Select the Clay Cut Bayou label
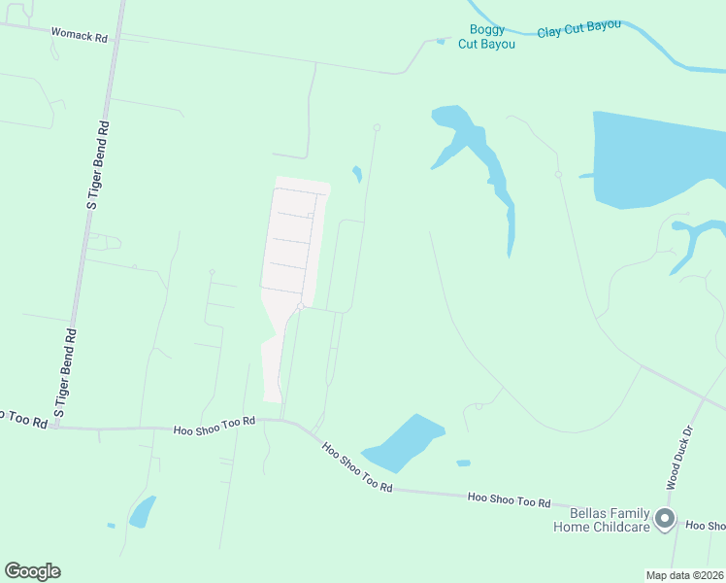[x=578, y=28]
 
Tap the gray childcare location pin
[x=665, y=519]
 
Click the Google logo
[x=32, y=571]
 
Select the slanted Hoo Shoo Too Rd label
[x=357, y=466]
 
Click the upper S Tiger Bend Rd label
[x=98, y=164]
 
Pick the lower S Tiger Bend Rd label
[x=65, y=374]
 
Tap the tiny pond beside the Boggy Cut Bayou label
[x=441, y=41]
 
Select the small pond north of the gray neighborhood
[x=357, y=175]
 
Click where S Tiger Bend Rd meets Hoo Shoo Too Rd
[x=55, y=427]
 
